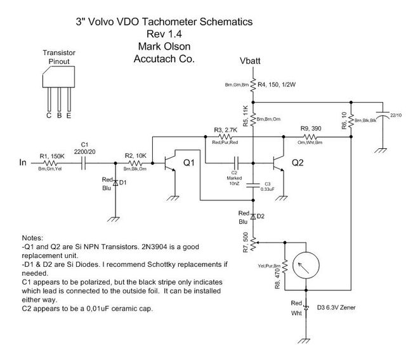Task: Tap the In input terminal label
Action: click(22, 163)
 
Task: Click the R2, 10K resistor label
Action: click(136, 155)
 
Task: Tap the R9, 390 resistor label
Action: click(310, 129)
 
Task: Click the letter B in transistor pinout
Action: click(58, 116)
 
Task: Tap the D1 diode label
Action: click(124, 183)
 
